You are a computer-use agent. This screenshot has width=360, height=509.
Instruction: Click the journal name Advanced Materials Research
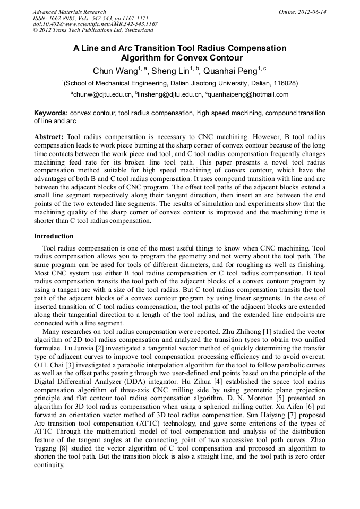coord(69,12)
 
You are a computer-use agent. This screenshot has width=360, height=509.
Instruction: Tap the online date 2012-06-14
coord(313,12)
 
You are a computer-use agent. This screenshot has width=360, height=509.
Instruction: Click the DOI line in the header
coord(95,24)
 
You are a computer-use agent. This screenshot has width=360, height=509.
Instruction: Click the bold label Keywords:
coord(51,113)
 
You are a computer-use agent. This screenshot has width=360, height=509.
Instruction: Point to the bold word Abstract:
coord(49,137)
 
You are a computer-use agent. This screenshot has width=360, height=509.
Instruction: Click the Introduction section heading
coord(54,236)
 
